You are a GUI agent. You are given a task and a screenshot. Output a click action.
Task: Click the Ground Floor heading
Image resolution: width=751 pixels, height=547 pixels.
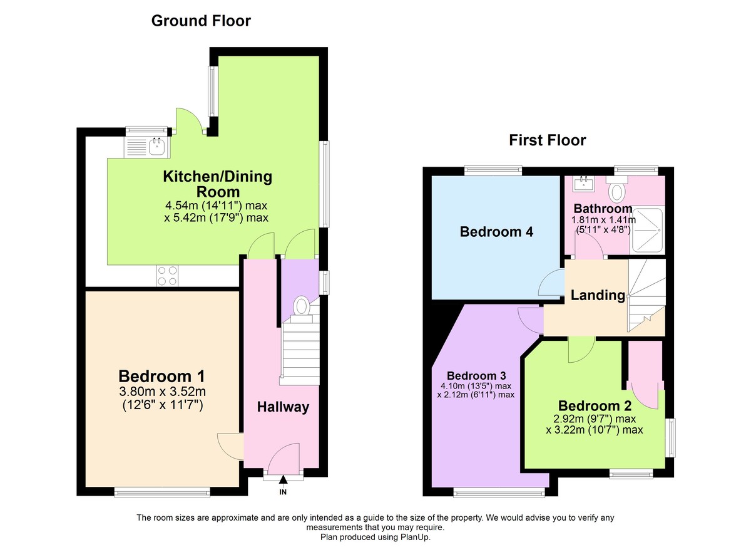pyautogui.click(x=201, y=21)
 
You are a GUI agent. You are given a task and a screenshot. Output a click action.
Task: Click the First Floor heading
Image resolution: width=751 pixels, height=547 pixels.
pyautogui.click(x=547, y=140)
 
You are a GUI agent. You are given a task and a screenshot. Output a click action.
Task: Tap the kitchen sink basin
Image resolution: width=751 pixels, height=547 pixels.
pyautogui.click(x=156, y=147)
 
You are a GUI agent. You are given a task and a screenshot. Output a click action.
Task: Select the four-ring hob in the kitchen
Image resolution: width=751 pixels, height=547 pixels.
pyautogui.click(x=167, y=276)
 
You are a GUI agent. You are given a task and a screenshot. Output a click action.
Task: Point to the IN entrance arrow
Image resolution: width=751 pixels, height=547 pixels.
pyautogui.click(x=283, y=479)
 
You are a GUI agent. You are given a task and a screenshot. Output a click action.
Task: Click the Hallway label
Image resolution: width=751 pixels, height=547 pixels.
pyautogui.click(x=283, y=407)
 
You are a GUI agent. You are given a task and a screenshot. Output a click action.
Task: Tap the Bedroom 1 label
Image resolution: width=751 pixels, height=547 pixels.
pyautogui.click(x=161, y=376)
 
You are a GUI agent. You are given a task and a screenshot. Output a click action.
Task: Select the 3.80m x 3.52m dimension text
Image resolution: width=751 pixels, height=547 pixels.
pyautogui.click(x=162, y=392)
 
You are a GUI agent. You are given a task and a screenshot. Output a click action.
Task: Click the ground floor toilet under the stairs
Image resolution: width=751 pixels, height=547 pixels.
pyautogui.click(x=302, y=306)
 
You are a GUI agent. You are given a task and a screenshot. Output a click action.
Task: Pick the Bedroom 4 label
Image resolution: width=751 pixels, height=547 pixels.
pyautogui.click(x=496, y=232)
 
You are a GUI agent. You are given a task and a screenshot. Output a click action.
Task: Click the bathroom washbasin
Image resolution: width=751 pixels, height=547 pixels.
pyautogui.click(x=584, y=184)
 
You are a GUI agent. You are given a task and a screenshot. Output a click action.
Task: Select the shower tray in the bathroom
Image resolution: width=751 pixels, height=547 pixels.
pyautogui.click(x=646, y=231)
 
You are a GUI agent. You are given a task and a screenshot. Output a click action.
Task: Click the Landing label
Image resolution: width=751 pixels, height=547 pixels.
pyautogui.click(x=598, y=295)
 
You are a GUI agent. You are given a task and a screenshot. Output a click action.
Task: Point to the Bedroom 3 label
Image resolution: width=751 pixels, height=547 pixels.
pyautogui.click(x=476, y=375)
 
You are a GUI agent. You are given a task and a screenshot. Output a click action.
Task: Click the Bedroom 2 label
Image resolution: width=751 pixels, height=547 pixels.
pyautogui.click(x=595, y=406)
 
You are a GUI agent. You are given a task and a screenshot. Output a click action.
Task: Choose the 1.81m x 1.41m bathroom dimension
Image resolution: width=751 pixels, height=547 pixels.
pyautogui.click(x=603, y=220)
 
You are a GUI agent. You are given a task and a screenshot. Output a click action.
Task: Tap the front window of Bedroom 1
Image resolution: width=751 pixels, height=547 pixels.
pyautogui.click(x=162, y=492)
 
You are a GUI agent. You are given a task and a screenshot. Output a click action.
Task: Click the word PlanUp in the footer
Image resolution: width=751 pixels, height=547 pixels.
pyautogui.click(x=415, y=537)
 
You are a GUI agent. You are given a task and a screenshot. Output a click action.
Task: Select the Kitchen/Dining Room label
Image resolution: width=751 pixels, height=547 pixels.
pyautogui.click(x=218, y=184)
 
